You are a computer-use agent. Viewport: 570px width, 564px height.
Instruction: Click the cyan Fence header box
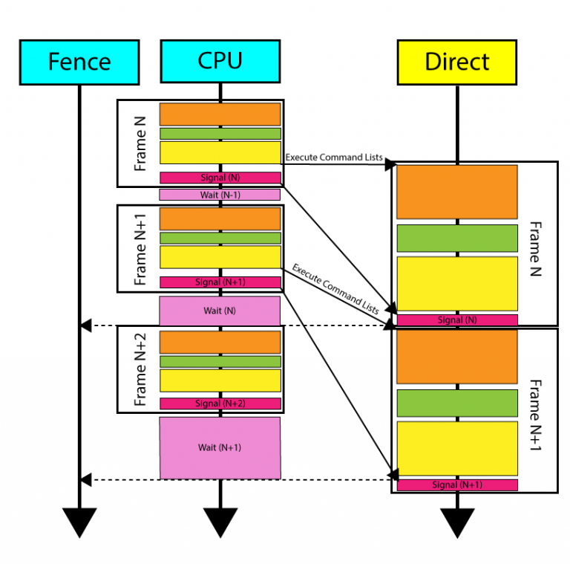coord(79,62)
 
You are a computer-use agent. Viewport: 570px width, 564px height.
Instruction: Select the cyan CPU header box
coord(220,61)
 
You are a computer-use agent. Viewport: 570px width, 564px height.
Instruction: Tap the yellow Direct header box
coord(457,62)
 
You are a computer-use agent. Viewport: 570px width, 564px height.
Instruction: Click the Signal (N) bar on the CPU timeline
coord(220,178)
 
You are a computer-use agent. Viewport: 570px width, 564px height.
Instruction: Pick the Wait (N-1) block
coord(220,195)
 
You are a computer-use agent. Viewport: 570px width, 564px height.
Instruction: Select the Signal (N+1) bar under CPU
coord(220,282)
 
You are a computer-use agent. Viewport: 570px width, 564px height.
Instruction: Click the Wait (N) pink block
coord(220,311)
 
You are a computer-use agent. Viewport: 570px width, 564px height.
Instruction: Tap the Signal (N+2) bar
coord(220,403)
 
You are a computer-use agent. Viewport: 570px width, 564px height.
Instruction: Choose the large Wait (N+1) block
coord(220,448)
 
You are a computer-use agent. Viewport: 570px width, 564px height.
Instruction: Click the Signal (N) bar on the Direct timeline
coord(457,320)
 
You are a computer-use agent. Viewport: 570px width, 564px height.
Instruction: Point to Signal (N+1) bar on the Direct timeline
coord(457,484)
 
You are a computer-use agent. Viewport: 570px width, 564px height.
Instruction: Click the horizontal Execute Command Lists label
coord(334,158)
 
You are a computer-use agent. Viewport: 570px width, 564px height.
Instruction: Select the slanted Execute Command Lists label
coord(335,289)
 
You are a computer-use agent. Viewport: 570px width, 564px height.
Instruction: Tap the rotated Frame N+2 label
coord(140,369)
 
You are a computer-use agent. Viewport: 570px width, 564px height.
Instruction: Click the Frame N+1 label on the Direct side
coord(535,415)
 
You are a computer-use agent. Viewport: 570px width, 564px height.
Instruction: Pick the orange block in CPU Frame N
coord(220,114)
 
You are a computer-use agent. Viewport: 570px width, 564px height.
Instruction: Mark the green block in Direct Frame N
coord(457,239)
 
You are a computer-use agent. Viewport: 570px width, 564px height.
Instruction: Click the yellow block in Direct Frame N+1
coord(457,448)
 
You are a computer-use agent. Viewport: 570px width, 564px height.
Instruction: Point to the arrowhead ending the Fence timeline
coord(79,522)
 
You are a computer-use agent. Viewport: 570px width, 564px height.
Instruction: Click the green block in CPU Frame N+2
coord(220,362)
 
